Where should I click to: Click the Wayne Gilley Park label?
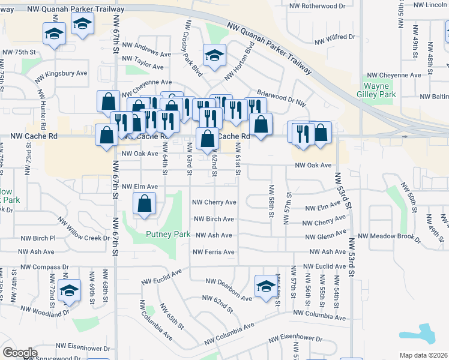[379, 90]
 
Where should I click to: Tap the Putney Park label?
[168, 234]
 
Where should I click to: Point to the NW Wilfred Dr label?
[335, 37]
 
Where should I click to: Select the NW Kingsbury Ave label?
[61, 76]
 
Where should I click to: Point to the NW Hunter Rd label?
[42, 110]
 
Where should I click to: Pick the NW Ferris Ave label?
[213, 252]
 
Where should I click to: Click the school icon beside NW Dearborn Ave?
[265, 287]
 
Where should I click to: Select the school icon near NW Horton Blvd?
[214, 56]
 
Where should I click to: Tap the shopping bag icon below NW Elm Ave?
[145, 204]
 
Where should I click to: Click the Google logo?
[20, 353]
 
